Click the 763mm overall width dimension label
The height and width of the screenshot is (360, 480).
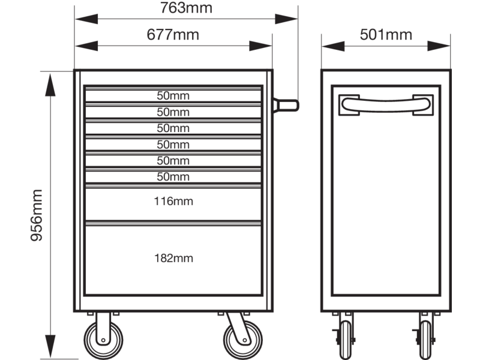[186, 8]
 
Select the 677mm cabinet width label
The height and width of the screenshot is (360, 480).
[173, 34]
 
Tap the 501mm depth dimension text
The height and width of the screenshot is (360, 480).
[386, 34]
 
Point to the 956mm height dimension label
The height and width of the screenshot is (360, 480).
[37, 215]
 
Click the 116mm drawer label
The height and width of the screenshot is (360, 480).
[173, 201]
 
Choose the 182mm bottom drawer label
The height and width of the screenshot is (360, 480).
[173, 258]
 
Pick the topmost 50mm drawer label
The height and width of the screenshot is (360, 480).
[173, 95]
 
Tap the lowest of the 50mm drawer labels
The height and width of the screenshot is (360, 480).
[173, 176]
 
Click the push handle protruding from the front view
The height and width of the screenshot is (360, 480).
[286, 106]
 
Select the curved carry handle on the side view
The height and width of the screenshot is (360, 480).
[386, 105]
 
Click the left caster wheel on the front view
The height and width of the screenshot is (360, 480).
[103, 340]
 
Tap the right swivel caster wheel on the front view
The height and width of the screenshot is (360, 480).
[243, 340]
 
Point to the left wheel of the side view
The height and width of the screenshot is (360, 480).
[346, 340]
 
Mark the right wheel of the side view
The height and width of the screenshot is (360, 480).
[425, 340]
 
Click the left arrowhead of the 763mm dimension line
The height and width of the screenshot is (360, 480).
[86, 19]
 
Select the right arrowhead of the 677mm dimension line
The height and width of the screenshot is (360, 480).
[260, 46]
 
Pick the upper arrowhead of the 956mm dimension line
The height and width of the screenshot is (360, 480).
[50, 85]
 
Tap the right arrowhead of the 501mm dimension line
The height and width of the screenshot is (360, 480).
[439, 46]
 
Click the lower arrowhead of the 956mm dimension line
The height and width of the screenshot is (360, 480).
[50, 346]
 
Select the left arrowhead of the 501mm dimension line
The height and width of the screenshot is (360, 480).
[334, 46]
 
